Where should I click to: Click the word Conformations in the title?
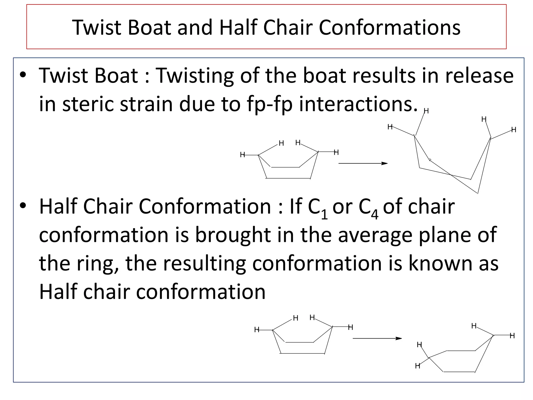pyautogui.click(x=390, y=28)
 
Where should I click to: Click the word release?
pyautogui.click(x=479, y=76)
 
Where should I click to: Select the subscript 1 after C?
pyautogui.click(x=324, y=215)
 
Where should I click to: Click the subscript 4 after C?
pyautogui.click(x=375, y=215)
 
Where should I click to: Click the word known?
pyautogui.click(x=440, y=263)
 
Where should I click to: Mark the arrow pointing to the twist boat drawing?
pyautogui.click(x=363, y=164)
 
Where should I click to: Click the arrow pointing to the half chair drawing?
pyautogui.click(x=377, y=339)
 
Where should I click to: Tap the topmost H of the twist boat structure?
pyautogui.click(x=426, y=111)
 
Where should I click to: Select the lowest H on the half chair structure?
pyautogui.click(x=418, y=366)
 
